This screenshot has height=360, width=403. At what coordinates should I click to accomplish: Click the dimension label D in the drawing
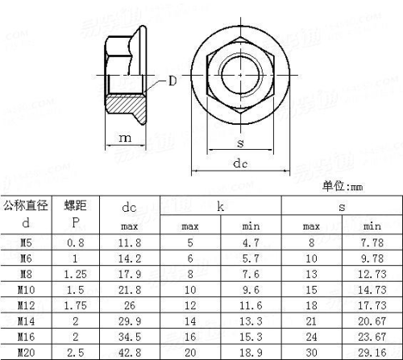point(172,81)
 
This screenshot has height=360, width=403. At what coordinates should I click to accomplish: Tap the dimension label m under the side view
point(125,138)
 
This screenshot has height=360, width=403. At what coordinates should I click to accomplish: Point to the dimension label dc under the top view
point(240,163)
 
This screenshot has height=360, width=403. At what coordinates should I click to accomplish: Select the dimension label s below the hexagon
point(240,143)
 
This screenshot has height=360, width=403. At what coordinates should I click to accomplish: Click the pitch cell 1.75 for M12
point(76,306)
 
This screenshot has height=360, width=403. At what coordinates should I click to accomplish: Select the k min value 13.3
point(251,321)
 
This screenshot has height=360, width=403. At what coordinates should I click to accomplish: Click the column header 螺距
point(76,206)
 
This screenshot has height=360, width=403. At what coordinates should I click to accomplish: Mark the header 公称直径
point(26,206)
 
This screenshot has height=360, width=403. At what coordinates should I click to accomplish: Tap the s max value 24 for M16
point(311,337)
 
